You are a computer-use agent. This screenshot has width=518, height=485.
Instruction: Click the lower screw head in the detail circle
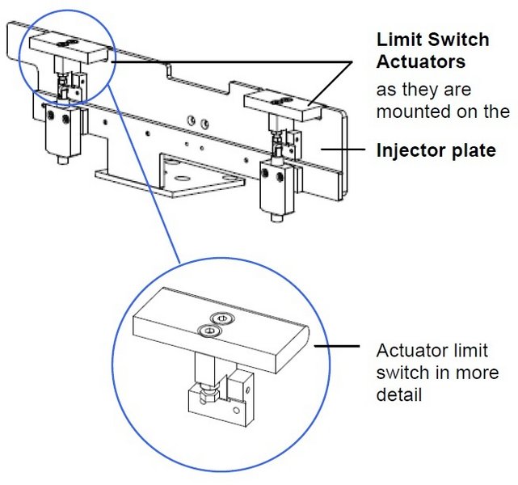tap(206, 330)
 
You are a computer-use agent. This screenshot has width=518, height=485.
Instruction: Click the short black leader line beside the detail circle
tap(340, 346)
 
